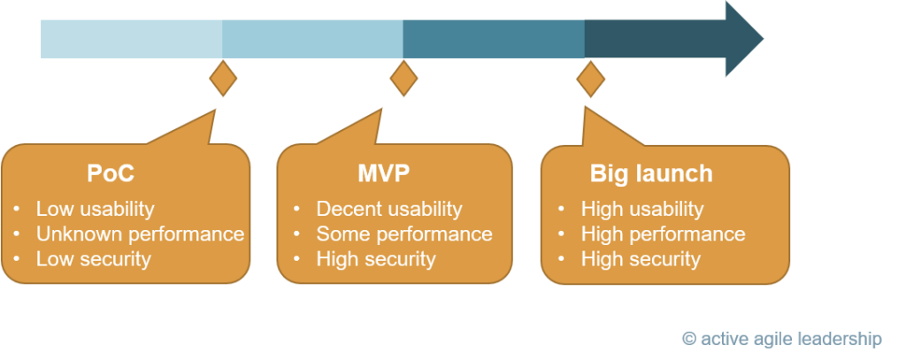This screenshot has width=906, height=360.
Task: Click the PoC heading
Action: pyautogui.click(x=111, y=173)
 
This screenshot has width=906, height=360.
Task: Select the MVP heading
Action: pyautogui.click(x=384, y=173)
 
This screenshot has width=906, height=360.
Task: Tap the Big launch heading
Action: pyautogui.click(x=651, y=174)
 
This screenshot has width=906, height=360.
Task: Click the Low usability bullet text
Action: pyautogui.click(x=96, y=209)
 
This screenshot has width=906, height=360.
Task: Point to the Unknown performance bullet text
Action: pyautogui.click(x=141, y=234)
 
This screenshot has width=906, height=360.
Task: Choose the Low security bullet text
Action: pyautogui.click(x=94, y=259)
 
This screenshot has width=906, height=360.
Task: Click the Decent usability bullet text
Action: pyautogui.click(x=389, y=209)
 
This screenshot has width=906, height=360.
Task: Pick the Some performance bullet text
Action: pyautogui.click(x=404, y=234)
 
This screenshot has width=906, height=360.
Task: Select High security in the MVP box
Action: pyautogui.click(x=375, y=259)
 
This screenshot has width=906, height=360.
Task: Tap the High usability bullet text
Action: pyautogui.click(x=642, y=209)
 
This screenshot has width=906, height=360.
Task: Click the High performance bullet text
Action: pyautogui.click(x=664, y=234)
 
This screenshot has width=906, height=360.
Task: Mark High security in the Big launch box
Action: pyautogui.click(x=641, y=259)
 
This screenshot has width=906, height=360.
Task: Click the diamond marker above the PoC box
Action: pyautogui.click(x=223, y=78)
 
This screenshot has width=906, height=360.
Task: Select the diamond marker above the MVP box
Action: pyautogui.click(x=403, y=78)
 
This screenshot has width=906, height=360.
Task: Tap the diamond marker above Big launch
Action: pyautogui.click(x=590, y=80)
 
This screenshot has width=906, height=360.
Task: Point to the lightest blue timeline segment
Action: pyautogui.click(x=132, y=39)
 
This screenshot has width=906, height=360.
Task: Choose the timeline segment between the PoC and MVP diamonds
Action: pyautogui.click(x=312, y=39)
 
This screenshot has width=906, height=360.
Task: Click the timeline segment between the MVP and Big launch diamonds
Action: pyautogui.click(x=494, y=39)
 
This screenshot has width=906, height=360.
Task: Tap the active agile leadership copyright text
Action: pyautogui.click(x=782, y=339)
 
